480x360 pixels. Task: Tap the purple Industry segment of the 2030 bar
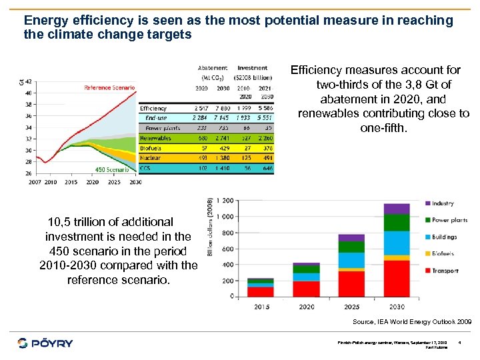[397, 209]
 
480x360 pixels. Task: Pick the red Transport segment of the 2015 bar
[260, 291]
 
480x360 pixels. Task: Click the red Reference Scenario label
[109, 87]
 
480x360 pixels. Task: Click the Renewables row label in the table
[156, 138]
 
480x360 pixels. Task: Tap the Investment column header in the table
[253, 68]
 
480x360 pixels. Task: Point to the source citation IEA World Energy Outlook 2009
[411, 321]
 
